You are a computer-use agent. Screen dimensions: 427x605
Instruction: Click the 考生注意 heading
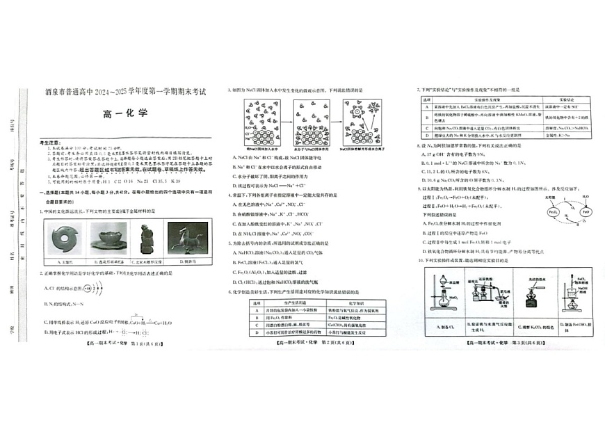tap(52, 140)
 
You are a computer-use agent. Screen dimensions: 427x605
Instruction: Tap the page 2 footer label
tap(313, 342)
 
